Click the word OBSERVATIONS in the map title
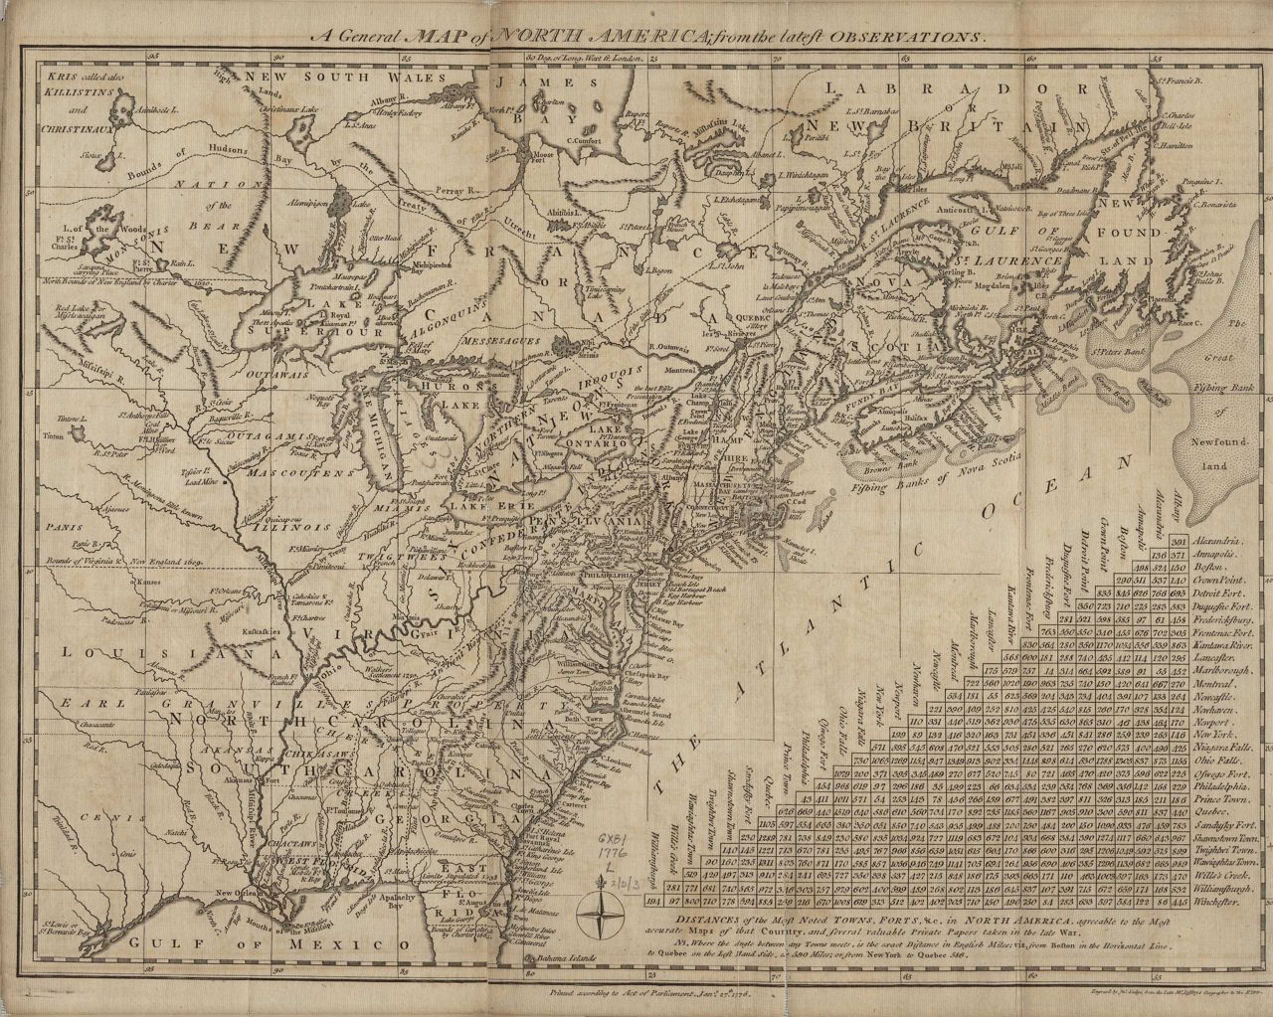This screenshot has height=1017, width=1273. tap(912, 34)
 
